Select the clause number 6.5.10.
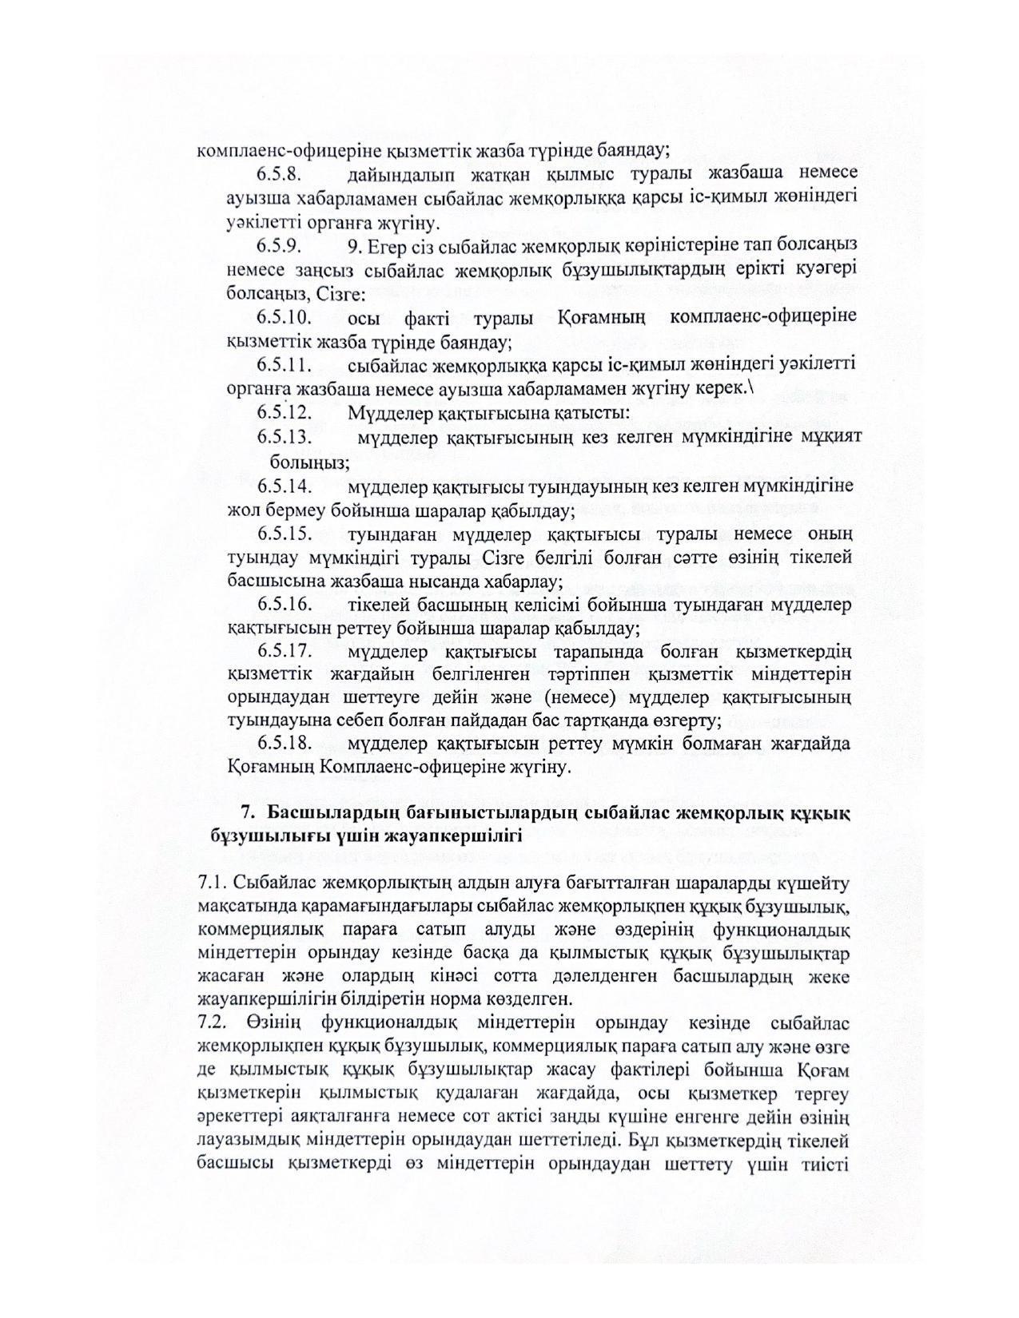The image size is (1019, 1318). [x=283, y=317]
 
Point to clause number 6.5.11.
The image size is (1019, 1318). [x=283, y=365]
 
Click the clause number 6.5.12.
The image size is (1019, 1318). [x=283, y=413]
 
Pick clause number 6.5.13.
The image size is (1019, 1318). [x=283, y=438]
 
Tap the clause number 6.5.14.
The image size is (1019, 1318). [x=283, y=486]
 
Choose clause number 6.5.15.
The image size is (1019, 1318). [x=283, y=534]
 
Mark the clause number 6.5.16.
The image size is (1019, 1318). [x=283, y=605]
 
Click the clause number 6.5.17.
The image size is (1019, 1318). [x=283, y=653]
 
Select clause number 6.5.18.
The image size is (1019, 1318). [x=283, y=744]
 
